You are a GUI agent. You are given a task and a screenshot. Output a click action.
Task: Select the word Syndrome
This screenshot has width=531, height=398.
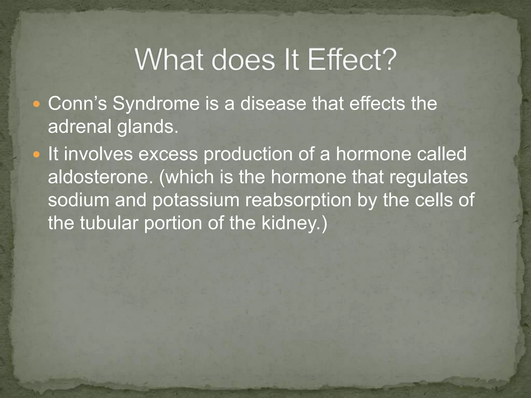click(156, 104)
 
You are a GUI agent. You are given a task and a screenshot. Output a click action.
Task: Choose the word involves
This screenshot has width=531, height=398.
click(98, 154)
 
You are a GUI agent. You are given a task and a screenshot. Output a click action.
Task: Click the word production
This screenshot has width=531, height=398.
click(248, 154)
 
